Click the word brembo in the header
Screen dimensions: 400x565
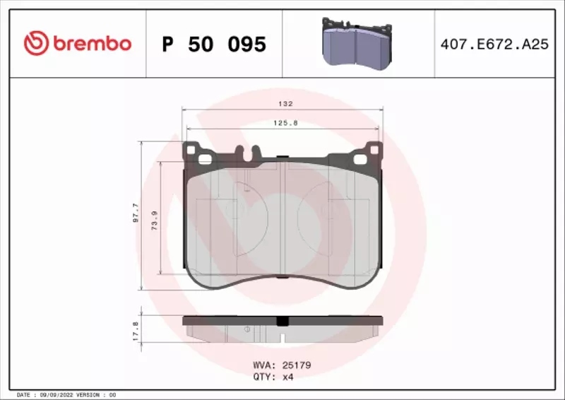click(90, 44)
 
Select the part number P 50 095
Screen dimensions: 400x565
click(214, 45)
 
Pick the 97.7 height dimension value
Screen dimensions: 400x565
click(136, 213)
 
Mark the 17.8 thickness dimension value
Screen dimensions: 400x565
click(136, 329)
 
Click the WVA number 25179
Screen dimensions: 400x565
click(297, 365)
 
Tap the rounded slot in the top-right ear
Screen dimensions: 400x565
click(371, 151)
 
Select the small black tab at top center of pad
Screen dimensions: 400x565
click(282, 159)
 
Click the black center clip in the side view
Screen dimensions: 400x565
click(282, 321)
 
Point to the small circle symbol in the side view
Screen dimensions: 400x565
click(246, 329)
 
